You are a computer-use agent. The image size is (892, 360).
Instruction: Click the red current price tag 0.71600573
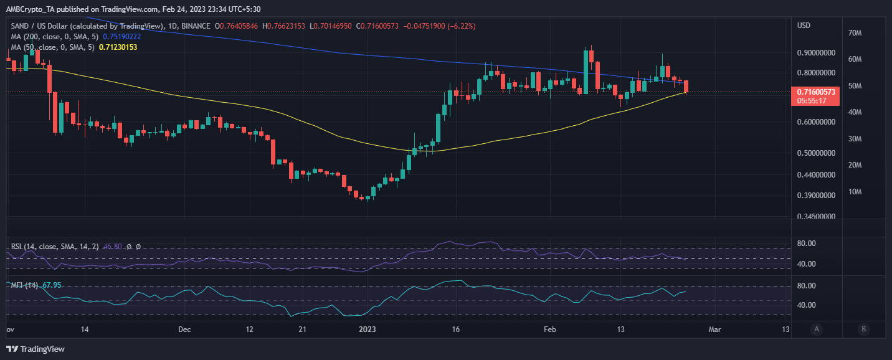click(813, 92)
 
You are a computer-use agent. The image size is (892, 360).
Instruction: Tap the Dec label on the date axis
click(184, 329)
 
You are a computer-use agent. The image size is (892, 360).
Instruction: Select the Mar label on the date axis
click(715, 329)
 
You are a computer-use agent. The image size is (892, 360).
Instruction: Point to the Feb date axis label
click(549, 329)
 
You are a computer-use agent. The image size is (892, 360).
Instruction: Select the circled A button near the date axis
click(816, 329)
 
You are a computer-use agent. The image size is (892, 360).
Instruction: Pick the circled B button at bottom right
click(863, 329)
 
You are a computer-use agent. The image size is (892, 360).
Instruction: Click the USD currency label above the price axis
click(804, 26)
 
